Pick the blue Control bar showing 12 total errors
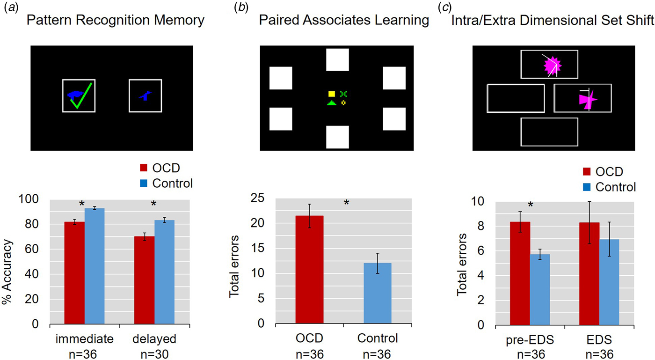coord(377,293)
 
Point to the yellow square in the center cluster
coord(332,94)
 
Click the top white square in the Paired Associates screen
coord(337,60)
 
